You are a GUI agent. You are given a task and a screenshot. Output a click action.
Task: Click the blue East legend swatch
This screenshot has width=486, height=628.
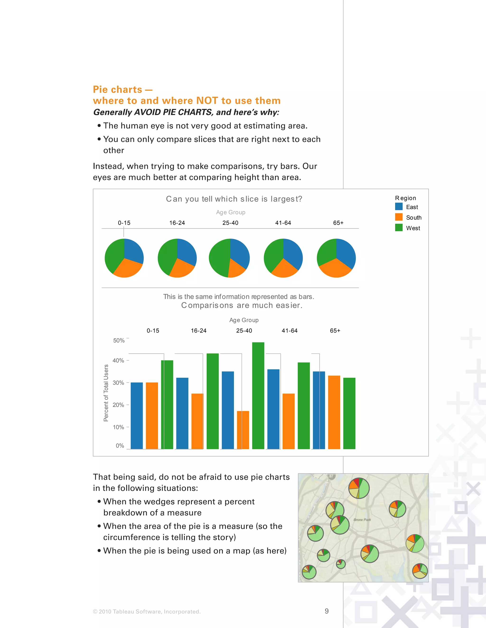399,206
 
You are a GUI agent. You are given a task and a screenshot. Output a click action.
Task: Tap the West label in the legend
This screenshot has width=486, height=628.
413,228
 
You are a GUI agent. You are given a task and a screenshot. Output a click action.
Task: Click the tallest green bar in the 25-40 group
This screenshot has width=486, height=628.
258,395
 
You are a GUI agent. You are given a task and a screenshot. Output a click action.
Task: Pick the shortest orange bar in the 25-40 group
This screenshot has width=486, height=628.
243,430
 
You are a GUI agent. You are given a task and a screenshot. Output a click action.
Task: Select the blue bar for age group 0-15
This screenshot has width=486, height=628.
136,415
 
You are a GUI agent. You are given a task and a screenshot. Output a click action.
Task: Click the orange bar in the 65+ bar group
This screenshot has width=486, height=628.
334,412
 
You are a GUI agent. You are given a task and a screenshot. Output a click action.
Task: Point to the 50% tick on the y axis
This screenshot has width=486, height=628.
119,341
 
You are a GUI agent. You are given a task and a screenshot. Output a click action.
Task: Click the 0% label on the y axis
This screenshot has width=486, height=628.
120,446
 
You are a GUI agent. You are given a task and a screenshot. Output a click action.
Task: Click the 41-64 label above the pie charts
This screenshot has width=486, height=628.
283,223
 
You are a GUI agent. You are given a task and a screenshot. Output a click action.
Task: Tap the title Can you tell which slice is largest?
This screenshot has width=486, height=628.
234,199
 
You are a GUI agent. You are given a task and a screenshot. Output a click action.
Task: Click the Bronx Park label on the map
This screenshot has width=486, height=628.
362,520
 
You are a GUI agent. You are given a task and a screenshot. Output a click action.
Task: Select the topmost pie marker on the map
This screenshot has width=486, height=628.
359,488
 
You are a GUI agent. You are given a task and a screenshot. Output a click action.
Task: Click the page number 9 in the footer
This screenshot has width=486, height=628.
327,611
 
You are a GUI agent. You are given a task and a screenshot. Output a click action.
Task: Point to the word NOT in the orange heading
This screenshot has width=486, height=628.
207,101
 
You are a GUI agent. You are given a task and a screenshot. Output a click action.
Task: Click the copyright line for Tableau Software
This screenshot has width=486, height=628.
147,612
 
